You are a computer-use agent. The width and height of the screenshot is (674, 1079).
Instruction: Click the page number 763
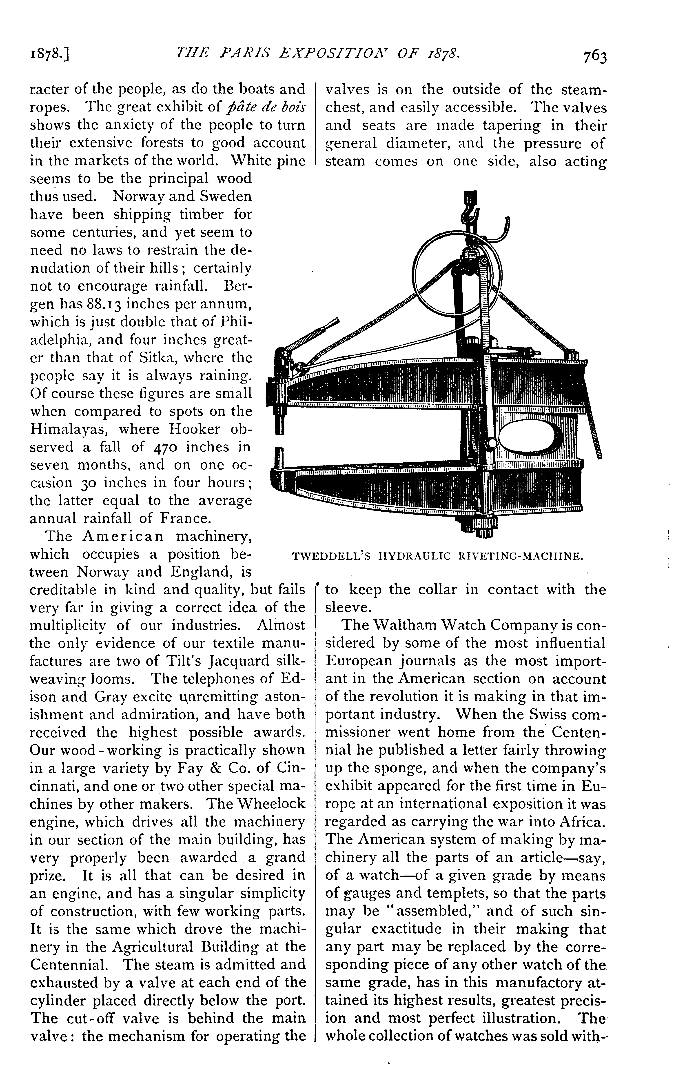pyautogui.click(x=594, y=57)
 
